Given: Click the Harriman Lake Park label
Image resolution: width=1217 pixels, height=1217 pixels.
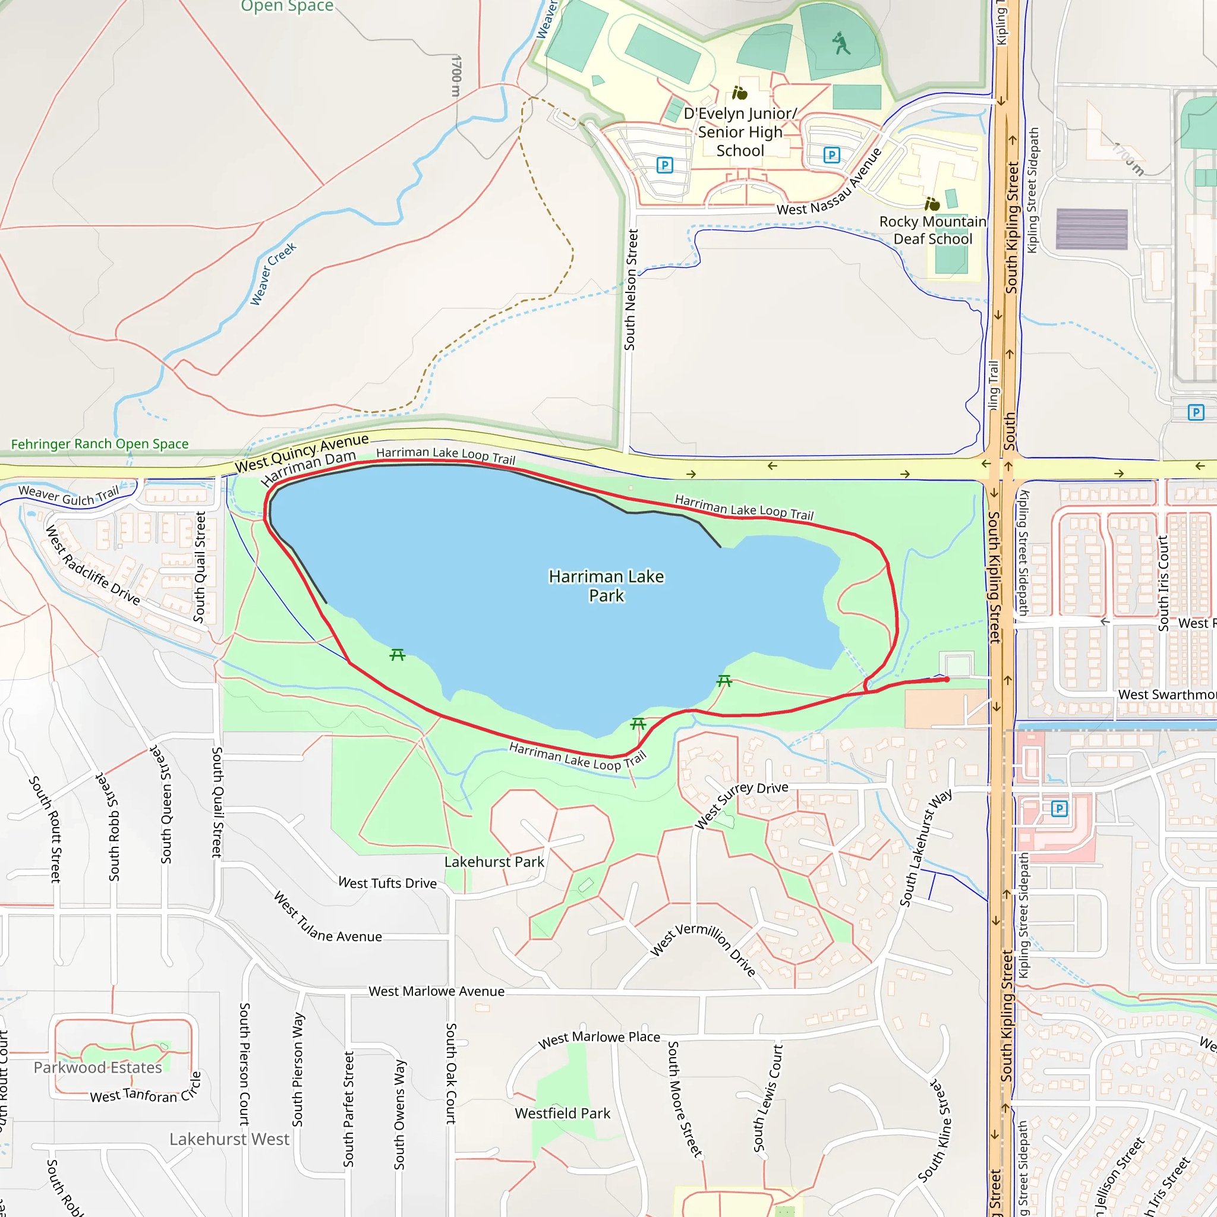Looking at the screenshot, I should click(606, 586).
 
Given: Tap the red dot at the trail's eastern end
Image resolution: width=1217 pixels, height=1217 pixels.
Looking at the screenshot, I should click(946, 679).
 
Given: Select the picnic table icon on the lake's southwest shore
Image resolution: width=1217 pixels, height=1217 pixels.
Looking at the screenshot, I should click(397, 655).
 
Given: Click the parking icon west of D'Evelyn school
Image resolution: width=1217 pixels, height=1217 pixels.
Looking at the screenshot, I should click(664, 165).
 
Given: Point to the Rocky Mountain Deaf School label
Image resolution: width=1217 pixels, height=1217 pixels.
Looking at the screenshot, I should click(932, 230).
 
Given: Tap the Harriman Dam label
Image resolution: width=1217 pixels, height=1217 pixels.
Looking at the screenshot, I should click(308, 468).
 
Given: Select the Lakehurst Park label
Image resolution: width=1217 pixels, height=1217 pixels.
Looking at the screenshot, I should click(494, 862).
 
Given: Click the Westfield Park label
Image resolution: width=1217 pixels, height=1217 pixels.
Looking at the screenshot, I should click(562, 1113).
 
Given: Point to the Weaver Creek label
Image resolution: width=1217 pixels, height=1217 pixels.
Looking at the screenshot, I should click(273, 274).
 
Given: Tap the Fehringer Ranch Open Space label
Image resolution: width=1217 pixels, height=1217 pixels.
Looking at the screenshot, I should click(99, 444).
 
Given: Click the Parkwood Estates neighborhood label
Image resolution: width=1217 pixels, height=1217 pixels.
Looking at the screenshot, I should click(97, 1067).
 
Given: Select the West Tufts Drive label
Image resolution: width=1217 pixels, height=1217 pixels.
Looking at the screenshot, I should click(387, 883).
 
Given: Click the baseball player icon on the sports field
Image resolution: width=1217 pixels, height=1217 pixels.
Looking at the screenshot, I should click(840, 43).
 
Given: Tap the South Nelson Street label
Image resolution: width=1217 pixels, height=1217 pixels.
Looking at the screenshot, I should click(630, 290).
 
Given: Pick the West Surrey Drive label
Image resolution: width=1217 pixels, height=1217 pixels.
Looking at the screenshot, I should click(741, 806).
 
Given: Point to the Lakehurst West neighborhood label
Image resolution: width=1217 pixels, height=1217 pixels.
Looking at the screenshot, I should click(229, 1139).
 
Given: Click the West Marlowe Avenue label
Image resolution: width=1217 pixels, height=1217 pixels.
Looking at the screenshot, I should click(436, 991).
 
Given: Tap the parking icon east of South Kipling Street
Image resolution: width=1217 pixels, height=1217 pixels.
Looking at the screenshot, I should click(1196, 412).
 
